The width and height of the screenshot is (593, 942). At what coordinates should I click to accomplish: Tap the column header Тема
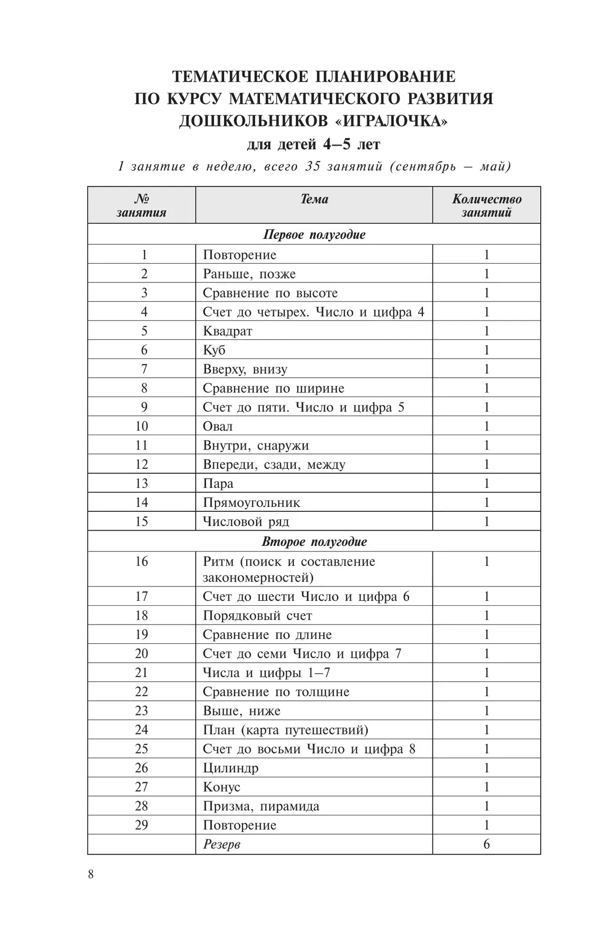[x=314, y=199]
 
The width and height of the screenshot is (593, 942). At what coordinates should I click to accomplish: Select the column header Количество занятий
[x=487, y=206]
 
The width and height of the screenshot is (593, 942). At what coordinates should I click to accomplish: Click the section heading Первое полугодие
[x=314, y=234]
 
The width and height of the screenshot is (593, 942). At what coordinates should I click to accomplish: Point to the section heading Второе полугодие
[x=314, y=541]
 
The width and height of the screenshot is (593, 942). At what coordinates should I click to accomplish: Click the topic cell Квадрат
[x=227, y=331]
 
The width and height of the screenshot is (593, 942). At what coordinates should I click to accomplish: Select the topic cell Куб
[x=214, y=350]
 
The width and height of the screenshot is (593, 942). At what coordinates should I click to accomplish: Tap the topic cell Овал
[x=217, y=426]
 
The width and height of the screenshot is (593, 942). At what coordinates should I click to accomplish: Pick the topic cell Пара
[x=218, y=483]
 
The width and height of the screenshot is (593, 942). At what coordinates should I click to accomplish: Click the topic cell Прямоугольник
[x=251, y=502]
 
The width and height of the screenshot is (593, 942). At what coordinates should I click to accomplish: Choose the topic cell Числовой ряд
[x=246, y=522]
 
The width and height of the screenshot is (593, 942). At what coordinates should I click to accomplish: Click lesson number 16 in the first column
[x=141, y=561]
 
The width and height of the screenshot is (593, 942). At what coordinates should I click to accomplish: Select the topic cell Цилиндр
[x=230, y=768]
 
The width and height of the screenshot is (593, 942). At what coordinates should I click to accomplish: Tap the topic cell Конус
[x=221, y=787]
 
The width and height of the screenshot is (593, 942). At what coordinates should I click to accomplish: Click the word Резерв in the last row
[x=221, y=844]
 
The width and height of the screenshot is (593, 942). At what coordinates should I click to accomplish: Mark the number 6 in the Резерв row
[x=486, y=844]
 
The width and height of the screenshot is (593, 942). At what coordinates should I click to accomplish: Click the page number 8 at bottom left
[x=90, y=874]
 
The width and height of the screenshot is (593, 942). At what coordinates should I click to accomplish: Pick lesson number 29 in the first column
[x=141, y=825]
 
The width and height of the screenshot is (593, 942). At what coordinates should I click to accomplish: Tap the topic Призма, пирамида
[x=261, y=806]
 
